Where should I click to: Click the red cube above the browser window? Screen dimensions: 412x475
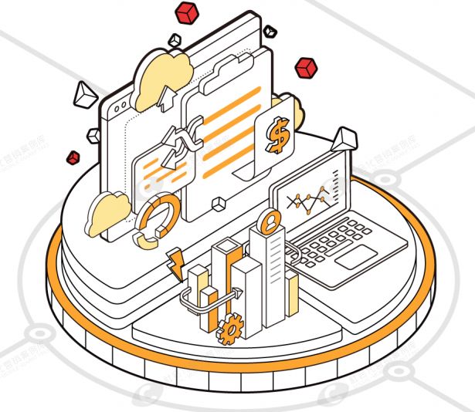tap(187, 12)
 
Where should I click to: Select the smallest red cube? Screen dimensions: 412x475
tap(73, 157)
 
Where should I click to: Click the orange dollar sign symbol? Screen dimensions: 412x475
tap(276, 133)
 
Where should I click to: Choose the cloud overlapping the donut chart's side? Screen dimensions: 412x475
tap(107, 212)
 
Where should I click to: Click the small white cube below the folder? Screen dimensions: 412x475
tap(220, 203)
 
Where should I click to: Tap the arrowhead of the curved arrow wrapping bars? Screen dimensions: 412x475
tap(239, 293)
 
